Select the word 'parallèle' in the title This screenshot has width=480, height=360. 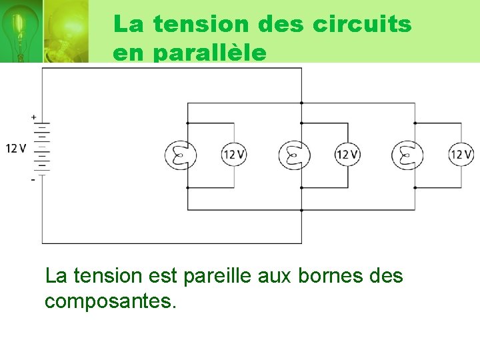point(210,53)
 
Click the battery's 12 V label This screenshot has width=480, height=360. point(16,148)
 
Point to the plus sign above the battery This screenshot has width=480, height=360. point(33,117)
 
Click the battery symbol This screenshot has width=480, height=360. point(41,148)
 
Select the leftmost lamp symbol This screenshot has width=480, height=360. point(180,155)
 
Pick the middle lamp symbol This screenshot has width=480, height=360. point(293,155)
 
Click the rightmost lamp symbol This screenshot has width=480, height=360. point(407,155)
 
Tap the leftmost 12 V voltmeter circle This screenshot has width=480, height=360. point(234,155)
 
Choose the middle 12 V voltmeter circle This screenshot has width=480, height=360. point(347,155)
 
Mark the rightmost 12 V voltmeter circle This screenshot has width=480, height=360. point(461,155)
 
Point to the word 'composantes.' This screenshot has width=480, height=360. point(111,301)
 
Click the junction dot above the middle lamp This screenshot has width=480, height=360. point(301,123)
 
